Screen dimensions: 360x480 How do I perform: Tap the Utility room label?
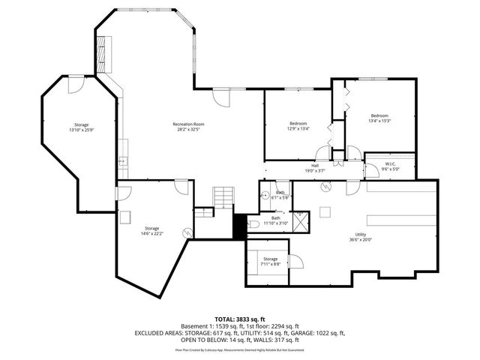pos(363,238)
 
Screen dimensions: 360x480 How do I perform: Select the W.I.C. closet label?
pos(388,166)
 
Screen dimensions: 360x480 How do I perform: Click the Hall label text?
pos(315,167)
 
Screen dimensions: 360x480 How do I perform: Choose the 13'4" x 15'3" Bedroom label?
pos(379,118)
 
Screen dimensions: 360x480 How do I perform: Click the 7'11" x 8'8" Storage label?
pos(269,262)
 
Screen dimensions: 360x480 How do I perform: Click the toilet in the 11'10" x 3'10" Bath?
pos(253,224)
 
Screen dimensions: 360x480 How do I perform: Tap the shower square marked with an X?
pos(299,223)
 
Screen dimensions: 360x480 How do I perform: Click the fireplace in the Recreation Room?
pos(105,54)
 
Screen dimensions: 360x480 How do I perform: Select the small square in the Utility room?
pos(325,210)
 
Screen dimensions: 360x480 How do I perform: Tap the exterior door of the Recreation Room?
pos(222,97)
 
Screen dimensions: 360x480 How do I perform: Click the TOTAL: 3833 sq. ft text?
pos(239,319)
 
